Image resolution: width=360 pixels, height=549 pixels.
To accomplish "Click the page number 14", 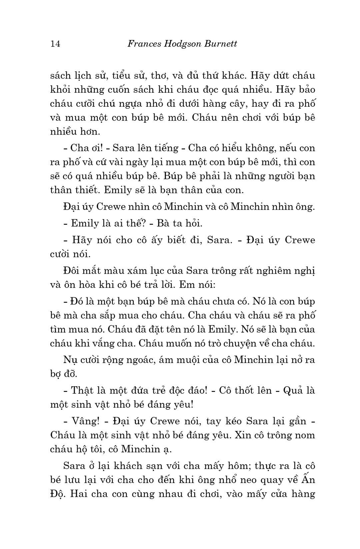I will tap(55, 44).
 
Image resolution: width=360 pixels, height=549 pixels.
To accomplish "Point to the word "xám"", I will tap(136, 271).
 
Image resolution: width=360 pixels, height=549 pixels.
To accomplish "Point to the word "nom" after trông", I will tap(306, 435).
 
